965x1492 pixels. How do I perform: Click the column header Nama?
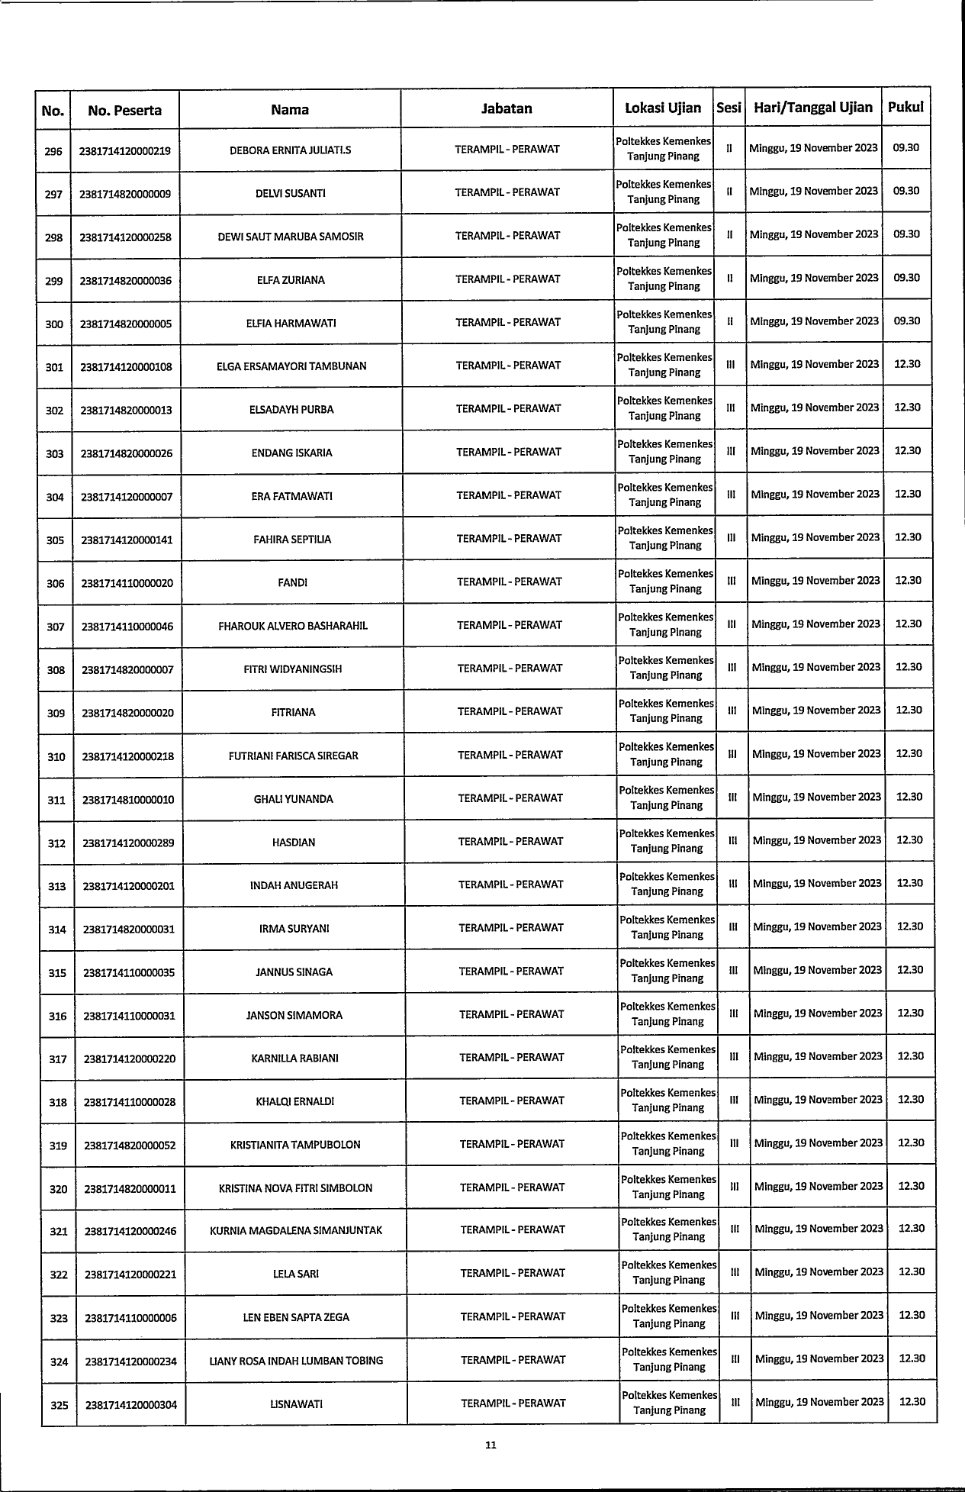click(x=290, y=110)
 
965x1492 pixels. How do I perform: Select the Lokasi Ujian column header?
click(x=663, y=108)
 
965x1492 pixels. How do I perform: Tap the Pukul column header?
click(x=905, y=107)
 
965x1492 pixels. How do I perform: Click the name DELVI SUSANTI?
click(x=290, y=194)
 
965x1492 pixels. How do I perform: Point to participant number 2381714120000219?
click(x=125, y=151)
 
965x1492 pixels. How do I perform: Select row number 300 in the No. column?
click(x=54, y=324)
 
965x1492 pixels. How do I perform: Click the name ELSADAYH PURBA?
click(x=291, y=410)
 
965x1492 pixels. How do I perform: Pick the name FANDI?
click(x=293, y=583)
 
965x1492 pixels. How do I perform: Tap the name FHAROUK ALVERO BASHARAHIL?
click(x=293, y=627)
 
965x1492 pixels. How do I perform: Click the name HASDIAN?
click(x=294, y=843)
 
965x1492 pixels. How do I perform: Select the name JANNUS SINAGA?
click(x=294, y=972)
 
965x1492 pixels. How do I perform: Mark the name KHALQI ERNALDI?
click(x=295, y=1102)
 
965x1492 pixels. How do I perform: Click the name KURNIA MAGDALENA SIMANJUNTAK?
click(x=296, y=1231)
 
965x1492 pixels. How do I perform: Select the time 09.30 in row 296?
click(x=905, y=148)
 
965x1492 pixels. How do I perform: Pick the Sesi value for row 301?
click(x=730, y=365)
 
